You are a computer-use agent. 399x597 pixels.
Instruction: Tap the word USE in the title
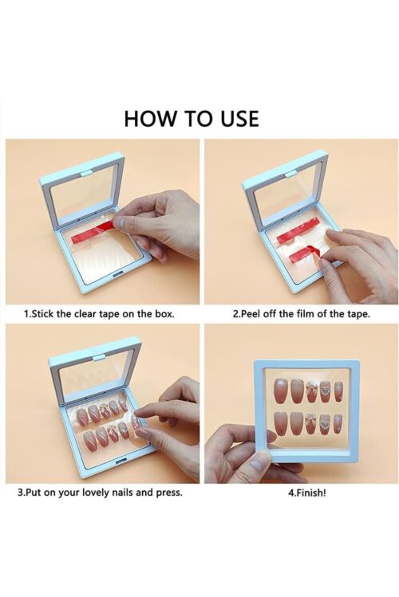coord(235,118)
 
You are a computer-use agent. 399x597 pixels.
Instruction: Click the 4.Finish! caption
coord(306,492)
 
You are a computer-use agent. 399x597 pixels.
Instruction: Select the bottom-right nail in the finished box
coord(338,421)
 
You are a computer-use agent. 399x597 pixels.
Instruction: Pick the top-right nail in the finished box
coord(338,390)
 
